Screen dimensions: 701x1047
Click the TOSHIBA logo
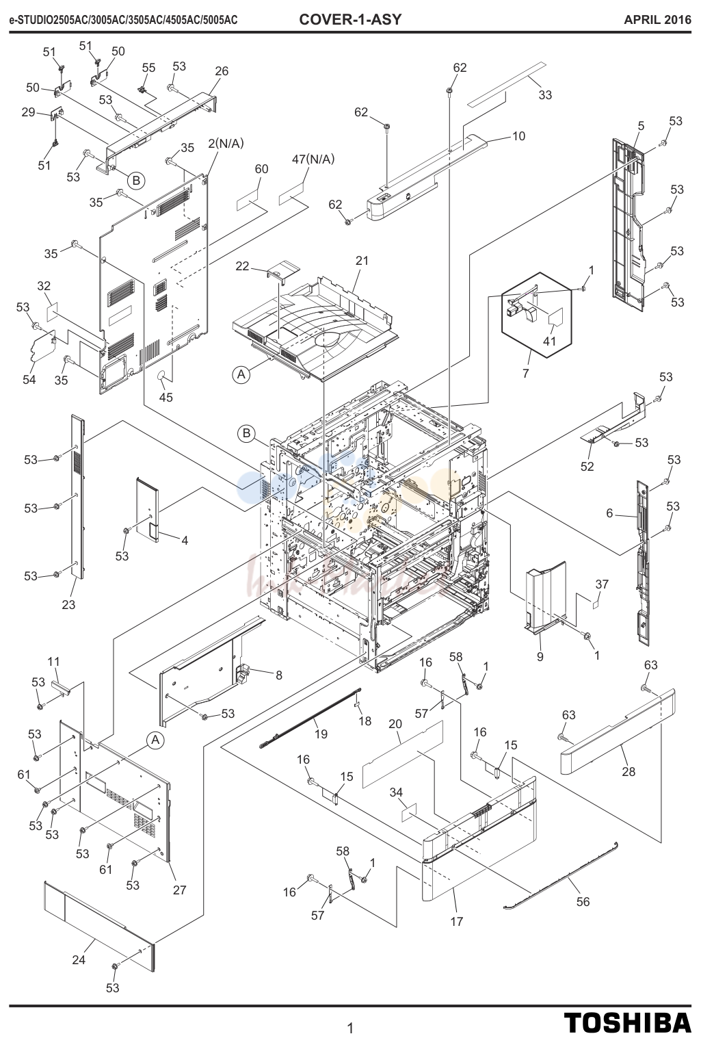pyautogui.click(x=628, y=1023)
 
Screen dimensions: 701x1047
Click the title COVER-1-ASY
pyautogui.click(x=349, y=19)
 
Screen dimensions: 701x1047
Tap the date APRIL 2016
pyautogui.click(x=657, y=20)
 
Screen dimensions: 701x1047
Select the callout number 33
pyautogui.click(x=545, y=95)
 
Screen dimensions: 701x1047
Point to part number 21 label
pyautogui.click(x=362, y=260)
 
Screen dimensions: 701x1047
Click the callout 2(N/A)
pyautogui.click(x=226, y=144)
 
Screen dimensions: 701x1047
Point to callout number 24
pyautogui.click(x=79, y=959)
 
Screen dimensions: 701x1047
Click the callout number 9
pyautogui.click(x=540, y=657)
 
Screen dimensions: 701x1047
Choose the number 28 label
pyautogui.click(x=628, y=771)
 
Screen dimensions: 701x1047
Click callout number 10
pyautogui.click(x=519, y=136)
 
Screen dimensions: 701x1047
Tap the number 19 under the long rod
pyautogui.click(x=321, y=734)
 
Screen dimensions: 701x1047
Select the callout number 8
pyautogui.click(x=279, y=675)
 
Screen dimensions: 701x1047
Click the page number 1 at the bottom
pyautogui.click(x=350, y=1028)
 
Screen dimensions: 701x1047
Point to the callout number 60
pyautogui.click(x=261, y=169)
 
